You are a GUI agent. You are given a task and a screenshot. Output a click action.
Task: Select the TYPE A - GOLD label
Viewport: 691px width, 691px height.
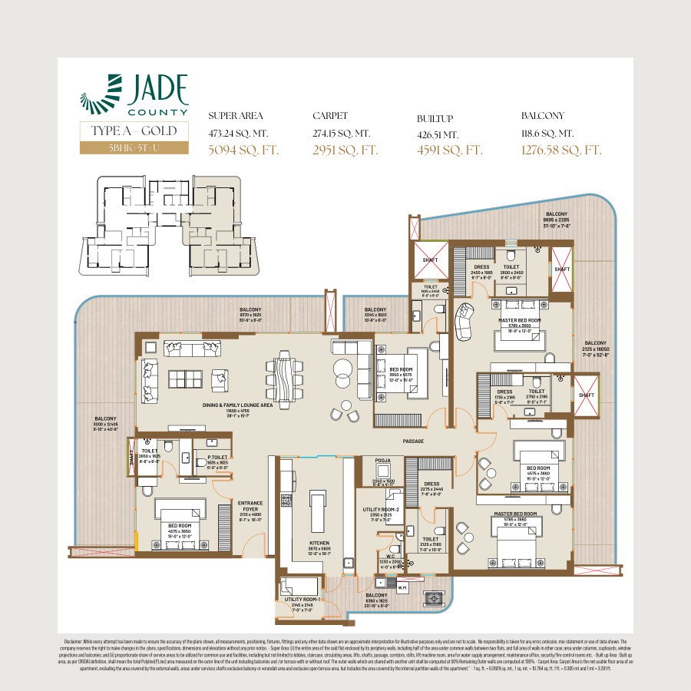point(134,131)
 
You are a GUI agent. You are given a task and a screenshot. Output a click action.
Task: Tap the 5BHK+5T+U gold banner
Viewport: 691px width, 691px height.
point(134,148)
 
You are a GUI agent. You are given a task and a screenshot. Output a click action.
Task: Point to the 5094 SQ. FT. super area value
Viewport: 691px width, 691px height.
point(243,150)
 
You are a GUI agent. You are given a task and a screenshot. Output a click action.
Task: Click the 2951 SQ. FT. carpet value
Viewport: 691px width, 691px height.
point(345,150)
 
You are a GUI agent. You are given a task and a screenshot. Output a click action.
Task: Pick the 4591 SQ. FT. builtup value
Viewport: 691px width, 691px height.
point(449,150)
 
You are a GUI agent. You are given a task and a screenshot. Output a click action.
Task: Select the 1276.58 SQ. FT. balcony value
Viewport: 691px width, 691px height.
point(560,150)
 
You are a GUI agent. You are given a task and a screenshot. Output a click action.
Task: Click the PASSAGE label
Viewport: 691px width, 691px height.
point(414,441)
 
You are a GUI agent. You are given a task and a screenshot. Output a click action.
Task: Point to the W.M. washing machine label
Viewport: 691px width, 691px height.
point(402,589)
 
